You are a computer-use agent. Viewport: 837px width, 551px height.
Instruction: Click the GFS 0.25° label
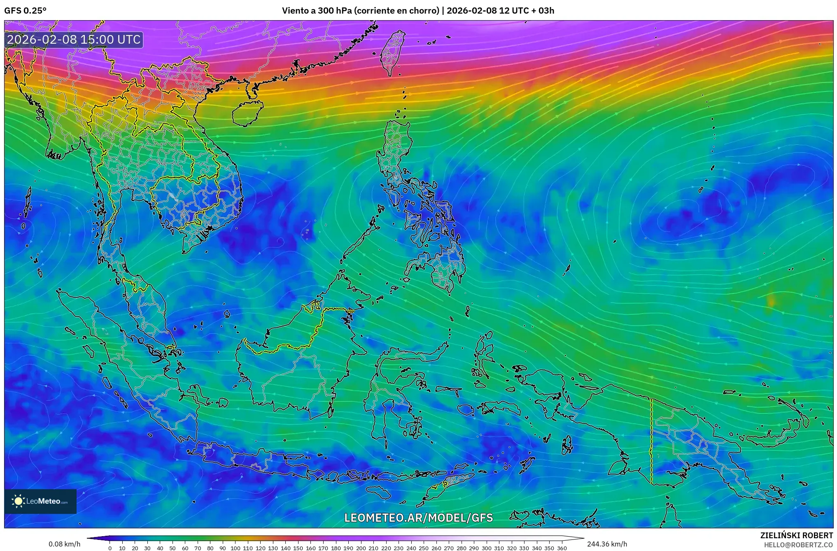(x=25, y=11)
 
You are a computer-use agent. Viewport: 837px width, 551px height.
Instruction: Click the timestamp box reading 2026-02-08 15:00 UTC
(x=74, y=40)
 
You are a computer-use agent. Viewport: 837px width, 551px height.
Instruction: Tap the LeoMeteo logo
(x=40, y=501)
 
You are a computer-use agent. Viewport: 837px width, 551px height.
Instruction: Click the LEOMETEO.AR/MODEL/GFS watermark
(x=418, y=518)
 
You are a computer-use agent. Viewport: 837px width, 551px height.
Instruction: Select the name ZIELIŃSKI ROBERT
(x=796, y=535)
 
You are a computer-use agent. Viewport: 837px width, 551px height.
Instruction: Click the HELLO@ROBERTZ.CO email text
(x=798, y=545)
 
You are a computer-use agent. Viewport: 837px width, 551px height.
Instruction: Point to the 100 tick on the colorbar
(x=235, y=548)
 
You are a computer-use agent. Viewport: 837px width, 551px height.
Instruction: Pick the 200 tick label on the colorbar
(x=361, y=548)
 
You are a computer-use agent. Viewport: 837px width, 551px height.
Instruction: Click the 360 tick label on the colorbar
(x=562, y=548)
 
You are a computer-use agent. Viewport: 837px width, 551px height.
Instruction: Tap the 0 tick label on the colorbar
(x=110, y=548)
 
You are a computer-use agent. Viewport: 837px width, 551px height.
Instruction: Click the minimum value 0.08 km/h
(x=64, y=544)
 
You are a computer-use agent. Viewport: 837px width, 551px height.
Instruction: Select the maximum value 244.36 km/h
(x=607, y=544)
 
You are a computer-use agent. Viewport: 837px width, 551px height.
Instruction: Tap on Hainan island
(x=247, y=113)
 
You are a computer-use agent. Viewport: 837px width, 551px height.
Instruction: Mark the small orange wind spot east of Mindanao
(x=771, y=302)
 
